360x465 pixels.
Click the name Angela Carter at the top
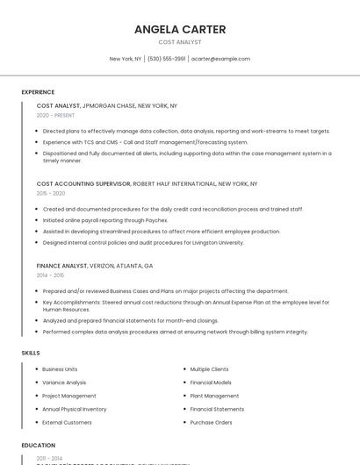[180, 29]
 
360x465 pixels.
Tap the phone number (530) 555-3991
[167, 59]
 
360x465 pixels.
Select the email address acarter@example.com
[220, 59]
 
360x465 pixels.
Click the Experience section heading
[38, 92]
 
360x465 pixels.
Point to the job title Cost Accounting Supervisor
[83, 184]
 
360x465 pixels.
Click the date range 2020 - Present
[55, 115]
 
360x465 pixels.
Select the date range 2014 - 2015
[50, 275]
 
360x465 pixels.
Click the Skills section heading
[31, 353]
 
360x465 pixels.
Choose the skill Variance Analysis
[64, 383]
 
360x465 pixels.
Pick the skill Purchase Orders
[211, 422]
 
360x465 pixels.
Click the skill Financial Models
[211, 383]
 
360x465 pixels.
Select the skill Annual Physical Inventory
[74, 409]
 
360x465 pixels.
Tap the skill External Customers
[67, 422]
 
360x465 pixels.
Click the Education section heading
[39, 445]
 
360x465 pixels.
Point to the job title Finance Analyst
[61, 265]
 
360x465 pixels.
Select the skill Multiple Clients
[209, 369]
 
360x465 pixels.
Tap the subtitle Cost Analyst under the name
[180, 42]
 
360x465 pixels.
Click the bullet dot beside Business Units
[36, 369]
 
